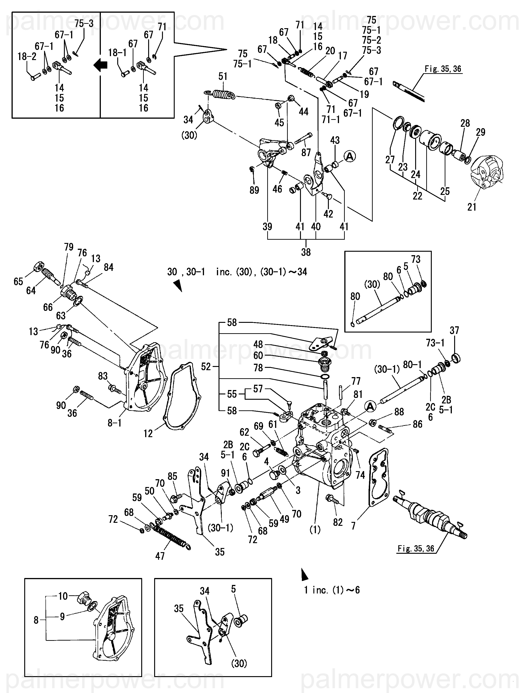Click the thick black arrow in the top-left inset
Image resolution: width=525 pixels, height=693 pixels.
[100, 65]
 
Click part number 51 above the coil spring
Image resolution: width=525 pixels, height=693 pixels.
[223, 76]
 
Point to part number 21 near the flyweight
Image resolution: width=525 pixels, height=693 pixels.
[472, 207]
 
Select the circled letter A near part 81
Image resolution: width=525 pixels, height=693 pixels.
[370, 407]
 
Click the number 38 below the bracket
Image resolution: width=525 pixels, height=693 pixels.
[306, 252]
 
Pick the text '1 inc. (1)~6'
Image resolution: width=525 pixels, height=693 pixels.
[332, 590]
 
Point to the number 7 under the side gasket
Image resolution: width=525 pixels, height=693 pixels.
[353, 526]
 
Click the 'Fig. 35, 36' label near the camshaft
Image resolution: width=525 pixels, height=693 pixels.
[416, 548]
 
